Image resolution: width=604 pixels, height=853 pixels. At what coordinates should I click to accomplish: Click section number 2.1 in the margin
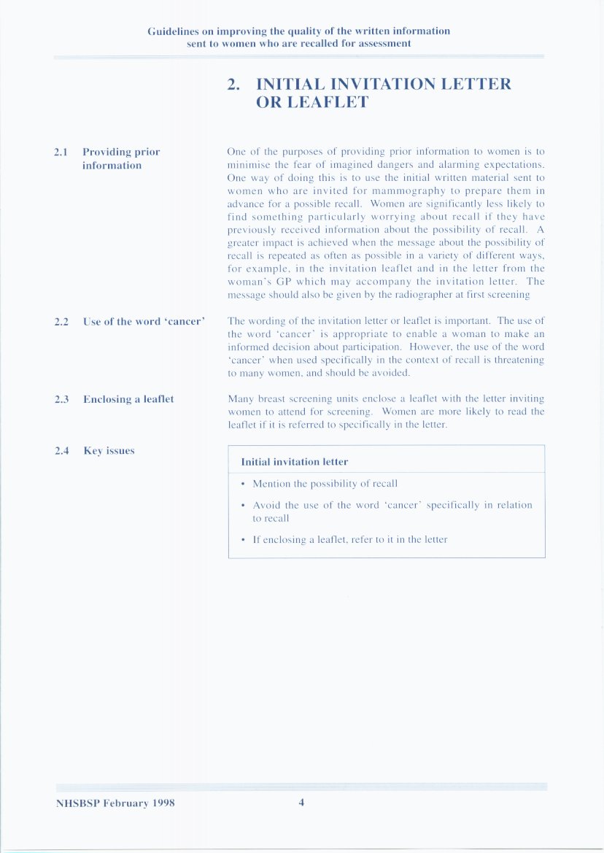61,153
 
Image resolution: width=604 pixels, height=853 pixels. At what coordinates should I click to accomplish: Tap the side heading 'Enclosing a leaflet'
128,399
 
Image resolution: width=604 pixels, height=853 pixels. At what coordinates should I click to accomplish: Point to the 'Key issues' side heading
109,451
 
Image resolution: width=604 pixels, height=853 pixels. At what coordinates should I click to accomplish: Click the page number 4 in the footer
301,803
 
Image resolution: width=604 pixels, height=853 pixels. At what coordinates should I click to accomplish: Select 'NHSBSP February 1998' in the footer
115,803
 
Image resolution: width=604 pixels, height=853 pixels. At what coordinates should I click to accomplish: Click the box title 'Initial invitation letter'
294,462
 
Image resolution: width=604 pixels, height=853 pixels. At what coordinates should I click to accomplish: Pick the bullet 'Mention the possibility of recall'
325,484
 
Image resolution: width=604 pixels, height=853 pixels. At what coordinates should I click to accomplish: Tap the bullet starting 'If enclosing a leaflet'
349,540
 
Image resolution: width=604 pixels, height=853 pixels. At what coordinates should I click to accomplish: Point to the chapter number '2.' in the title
233,85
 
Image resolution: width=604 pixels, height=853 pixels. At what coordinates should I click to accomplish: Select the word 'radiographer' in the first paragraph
438,295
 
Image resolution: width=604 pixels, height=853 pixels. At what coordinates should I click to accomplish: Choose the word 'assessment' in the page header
385,43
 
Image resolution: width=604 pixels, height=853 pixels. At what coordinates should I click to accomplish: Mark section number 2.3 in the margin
61,399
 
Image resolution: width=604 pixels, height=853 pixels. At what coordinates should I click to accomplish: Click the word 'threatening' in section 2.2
519,360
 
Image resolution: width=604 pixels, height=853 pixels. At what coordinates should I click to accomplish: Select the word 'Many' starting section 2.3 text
240,399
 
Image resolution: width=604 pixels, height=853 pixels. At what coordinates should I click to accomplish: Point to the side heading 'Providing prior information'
121,159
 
